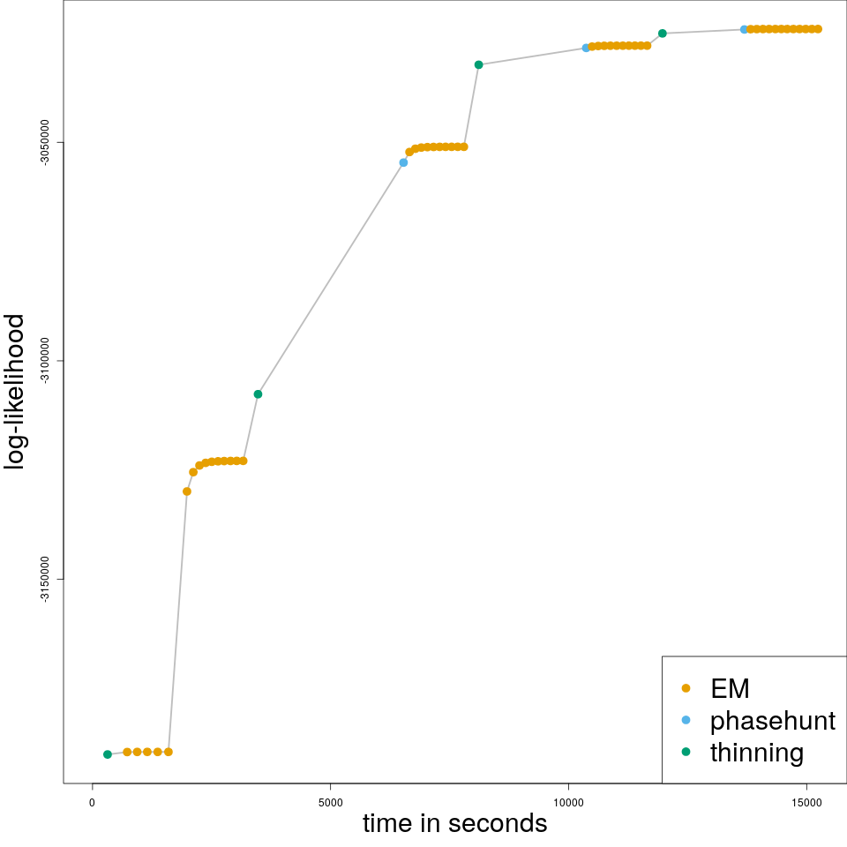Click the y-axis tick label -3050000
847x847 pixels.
tap(45, 143)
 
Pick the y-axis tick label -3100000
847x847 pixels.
tap(45, 361)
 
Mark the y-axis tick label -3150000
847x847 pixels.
tap(45, 579)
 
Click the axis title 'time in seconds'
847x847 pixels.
tap(454, 824)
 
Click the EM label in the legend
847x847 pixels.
tap(730, 688)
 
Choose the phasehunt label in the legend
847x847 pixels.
tap(772, 721)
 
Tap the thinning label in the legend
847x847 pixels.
tap(757, 753)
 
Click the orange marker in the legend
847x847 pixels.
tap(686, 688)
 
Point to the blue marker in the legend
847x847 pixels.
tap(686, 720)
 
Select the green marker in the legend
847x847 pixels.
tap(686, 752)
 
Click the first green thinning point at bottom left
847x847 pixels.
tap(108, 754)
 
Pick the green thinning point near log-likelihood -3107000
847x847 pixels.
tap(258, 394)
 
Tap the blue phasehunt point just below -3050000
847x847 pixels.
tap(403, 162)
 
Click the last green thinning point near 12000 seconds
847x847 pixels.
tap(663, 34)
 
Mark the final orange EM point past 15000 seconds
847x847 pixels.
tap(818, 29)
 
